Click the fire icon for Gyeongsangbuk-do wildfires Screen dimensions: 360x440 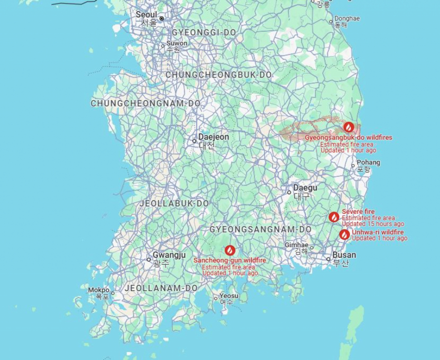coord(348,127)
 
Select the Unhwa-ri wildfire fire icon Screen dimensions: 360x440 coord(345,234)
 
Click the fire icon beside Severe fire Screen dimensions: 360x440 coord(334,217)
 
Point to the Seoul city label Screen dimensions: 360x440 coord(147,15)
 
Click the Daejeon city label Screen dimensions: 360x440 coord(214,137)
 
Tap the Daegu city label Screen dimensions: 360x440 coord(305,188)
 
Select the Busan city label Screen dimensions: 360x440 coord(344,255)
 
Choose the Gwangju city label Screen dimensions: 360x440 coord(169,255)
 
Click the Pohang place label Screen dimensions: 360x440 coord(368,163)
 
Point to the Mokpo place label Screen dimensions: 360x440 coord(99,290)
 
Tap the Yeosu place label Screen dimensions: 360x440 coord(229,296)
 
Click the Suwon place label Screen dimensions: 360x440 coord(176,43)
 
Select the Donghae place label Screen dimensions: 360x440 coord(347,19)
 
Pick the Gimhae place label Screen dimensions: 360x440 coord(297,245)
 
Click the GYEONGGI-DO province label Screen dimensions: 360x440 coord(204,33)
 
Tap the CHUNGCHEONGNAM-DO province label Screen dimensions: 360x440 coord(146,104)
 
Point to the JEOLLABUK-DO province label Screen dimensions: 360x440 coord(175,203)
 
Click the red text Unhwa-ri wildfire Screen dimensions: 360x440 coord(378,232)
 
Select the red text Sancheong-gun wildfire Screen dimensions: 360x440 coord(230,260)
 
